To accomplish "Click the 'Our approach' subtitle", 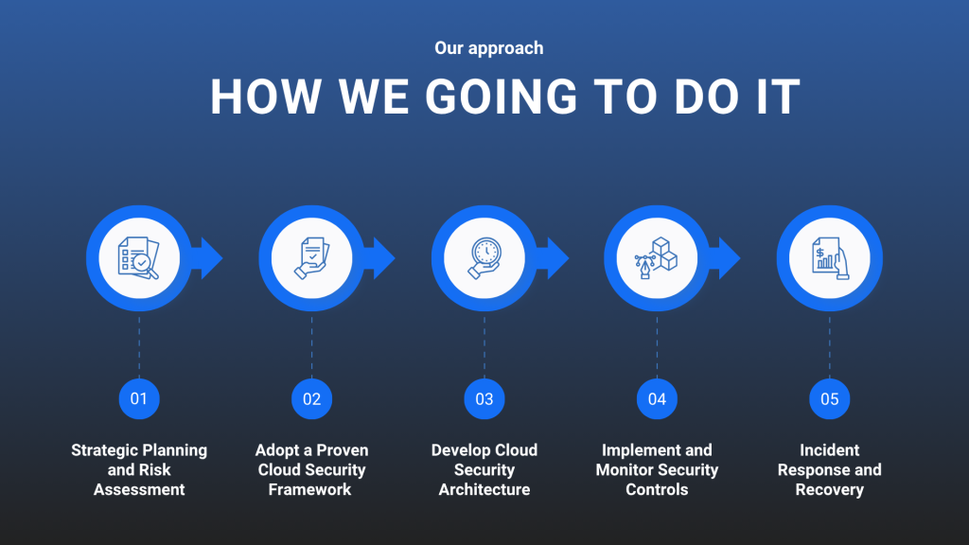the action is click(x=489, y=48).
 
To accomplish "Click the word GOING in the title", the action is click(x=502, y=97).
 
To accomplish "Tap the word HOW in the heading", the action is click(x=266, y=97).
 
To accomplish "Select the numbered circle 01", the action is click(x=139, y=399).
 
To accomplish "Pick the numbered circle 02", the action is click(x=311, y=399).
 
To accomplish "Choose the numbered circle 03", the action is click(x=484, y=399).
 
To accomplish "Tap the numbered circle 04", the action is click(x=657, y=399).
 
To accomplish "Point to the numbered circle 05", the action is click(x=829, y=399).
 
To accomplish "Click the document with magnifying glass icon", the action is click(x=138, y=258).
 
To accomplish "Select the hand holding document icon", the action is click(x=311, y=258).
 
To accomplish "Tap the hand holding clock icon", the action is click(x=484, y=258).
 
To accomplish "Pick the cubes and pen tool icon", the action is click(x=657, y=258).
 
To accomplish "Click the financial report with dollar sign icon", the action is click(x=830, y=258).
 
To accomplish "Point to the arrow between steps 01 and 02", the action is click(x=207, y=258).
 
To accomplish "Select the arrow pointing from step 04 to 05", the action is click(x=725, y=258).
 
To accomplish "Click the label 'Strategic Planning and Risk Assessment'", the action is click(x=139, y=469).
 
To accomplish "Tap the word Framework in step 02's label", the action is click(x=309, y=489).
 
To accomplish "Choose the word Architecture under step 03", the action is click(x=484, y=489).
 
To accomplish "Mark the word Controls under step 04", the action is click(x=657, y=489).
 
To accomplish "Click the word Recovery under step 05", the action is click(x=829, y=489).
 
